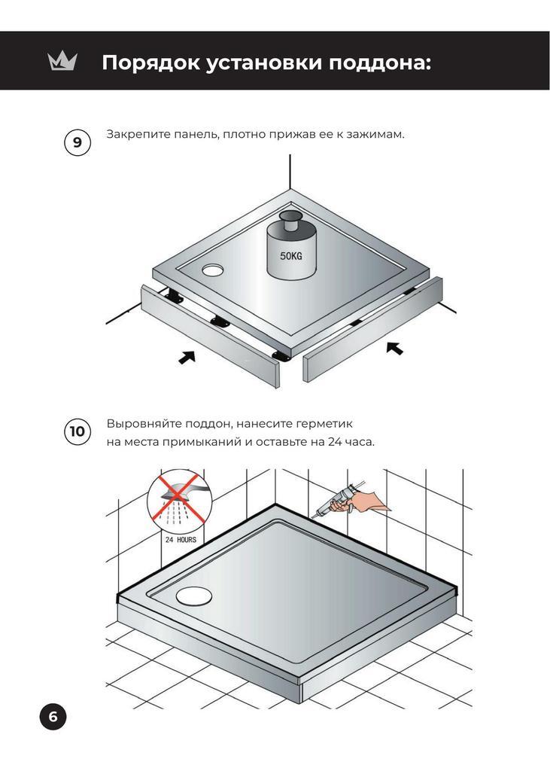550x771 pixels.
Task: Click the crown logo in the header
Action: [62, 62]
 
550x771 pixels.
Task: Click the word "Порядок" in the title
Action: [150, 63]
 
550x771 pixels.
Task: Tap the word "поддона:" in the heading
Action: [380, 63]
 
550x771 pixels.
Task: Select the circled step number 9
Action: [77, 142]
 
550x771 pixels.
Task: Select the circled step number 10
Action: [77, 431]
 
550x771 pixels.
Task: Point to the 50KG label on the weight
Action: [291, 256]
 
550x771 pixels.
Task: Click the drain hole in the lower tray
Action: [194, 596]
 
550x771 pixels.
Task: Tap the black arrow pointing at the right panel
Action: [394, 348]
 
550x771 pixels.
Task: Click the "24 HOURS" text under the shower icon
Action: [181, 539]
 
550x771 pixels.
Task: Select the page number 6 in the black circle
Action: [53, 717]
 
